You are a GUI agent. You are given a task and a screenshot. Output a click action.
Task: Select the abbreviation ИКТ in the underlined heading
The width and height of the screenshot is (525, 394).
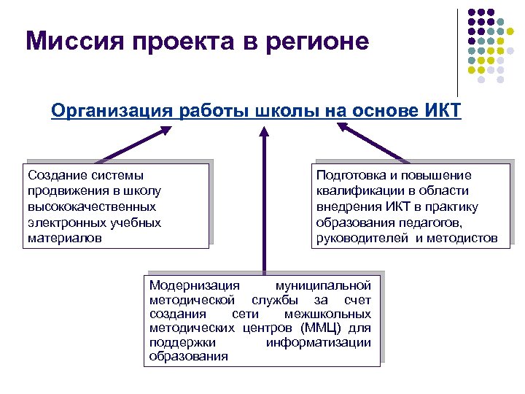[x=441, y=111]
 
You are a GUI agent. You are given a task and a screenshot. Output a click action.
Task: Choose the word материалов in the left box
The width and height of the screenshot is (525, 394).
[x=64, y=238]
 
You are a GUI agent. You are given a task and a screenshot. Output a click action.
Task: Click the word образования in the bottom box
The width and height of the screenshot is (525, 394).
[x=188, y=356]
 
